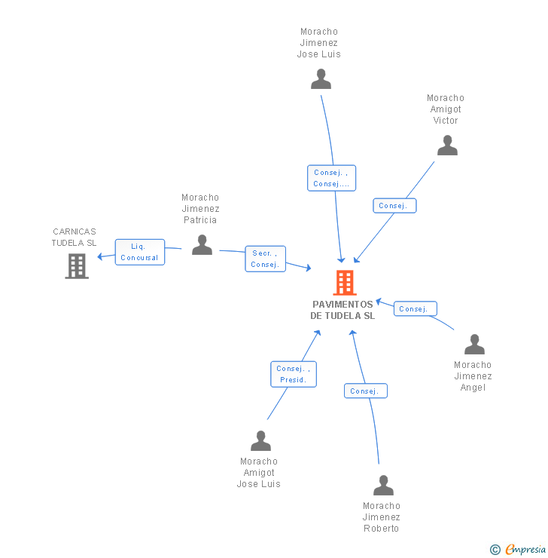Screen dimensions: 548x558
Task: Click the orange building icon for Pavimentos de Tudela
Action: (x=344, y=283)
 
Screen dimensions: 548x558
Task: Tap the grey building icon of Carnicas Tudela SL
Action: (x=77, y=266)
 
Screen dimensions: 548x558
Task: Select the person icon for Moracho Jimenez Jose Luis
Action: (x=321, y=79)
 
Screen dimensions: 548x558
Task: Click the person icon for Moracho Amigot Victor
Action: (x=447, y=146)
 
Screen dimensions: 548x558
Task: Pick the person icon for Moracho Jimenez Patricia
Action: (x=202, y=245)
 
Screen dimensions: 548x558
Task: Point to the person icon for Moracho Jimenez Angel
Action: (x=474, y=345)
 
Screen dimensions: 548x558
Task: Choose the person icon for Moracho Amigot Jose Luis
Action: (x=260, y=441)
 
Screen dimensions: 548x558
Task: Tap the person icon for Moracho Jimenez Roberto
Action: (x=383, y=486)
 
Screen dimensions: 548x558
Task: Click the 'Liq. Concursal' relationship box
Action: (x=139, y=252)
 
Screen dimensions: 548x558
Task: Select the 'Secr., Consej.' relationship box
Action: (x=265, y=259)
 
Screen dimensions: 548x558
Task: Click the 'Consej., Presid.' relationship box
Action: (x=293, y=374)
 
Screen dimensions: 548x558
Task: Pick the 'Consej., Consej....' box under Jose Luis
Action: (x=331, y=178)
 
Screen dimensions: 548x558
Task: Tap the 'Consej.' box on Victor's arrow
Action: (x=394, y=206)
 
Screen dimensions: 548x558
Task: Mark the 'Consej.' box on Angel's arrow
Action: (x=415, y=309)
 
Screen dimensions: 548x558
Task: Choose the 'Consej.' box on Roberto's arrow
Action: (x=365, y=391)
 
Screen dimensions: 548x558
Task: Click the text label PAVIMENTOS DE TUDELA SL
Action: (x=342, y=310)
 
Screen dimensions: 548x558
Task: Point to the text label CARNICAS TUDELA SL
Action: (x=74, y=238)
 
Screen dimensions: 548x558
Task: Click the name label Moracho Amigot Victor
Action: (x=446, y=109)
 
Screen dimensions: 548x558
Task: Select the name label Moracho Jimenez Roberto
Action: (x=381, y=517)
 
